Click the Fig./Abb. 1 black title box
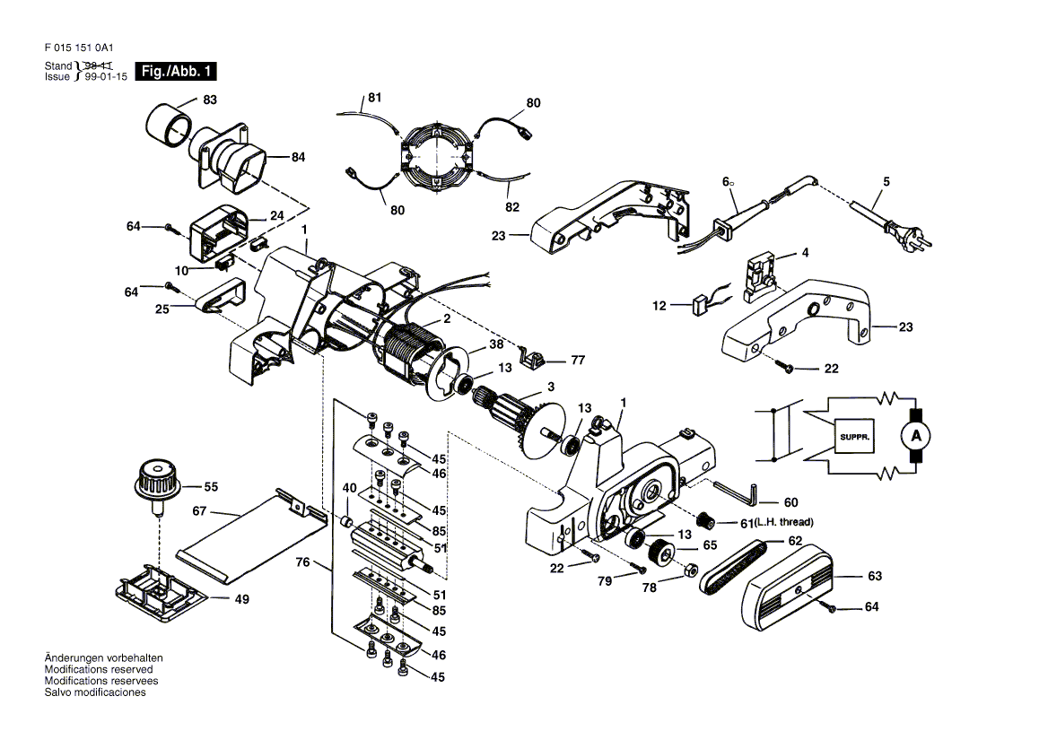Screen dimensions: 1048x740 pos(176,71)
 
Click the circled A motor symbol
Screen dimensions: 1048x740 pos(916,436)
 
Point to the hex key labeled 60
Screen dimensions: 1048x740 pos(735,492)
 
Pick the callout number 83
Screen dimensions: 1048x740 pos(210,100)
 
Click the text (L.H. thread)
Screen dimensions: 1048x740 pos(784,522)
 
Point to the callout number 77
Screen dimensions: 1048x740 pos(578,360)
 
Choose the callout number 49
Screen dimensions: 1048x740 pos(242,599)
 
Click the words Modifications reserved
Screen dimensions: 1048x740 pos(99,669)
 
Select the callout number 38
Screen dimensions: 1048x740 pos(496,344)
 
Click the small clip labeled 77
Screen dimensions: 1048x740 pos(533,357)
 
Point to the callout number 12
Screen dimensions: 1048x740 pos(659,306)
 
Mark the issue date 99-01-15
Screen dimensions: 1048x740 pos(106,77)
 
